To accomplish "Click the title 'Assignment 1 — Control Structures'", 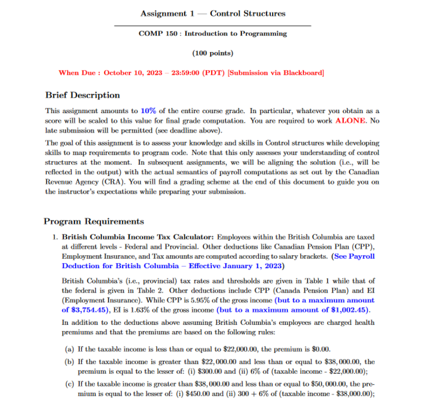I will point(213,13).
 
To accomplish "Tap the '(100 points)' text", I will point(213,53).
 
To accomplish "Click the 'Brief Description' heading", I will point(82,95).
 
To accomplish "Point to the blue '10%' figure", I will point(148,111).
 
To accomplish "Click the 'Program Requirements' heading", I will point(94,222).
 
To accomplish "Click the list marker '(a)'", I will point(68,349).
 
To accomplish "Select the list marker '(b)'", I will point(68,362).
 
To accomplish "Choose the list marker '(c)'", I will point(68,384).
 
